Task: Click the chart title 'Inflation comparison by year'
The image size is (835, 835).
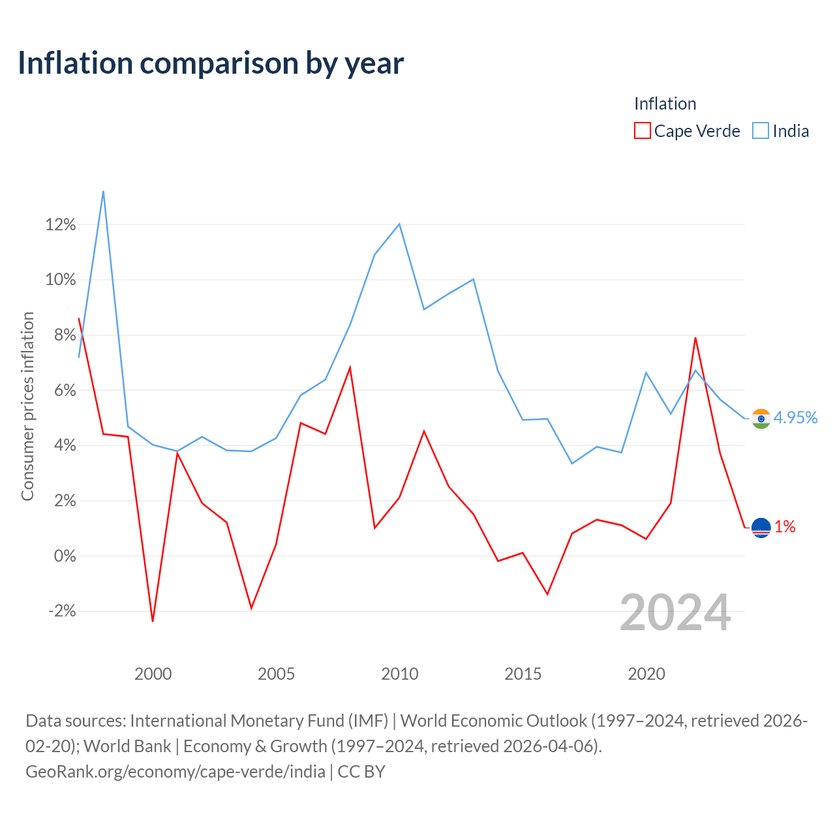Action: (211, 64)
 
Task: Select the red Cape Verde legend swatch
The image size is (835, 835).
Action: (642, 130)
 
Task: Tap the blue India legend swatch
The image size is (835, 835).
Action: (761, 130)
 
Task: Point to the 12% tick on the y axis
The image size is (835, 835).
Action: (61, 224)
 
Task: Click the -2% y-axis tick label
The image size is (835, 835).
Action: (62, 611)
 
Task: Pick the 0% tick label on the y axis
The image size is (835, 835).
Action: (65, 556)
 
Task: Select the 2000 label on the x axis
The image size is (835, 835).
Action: (153, 675)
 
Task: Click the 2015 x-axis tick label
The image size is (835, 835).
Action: (523, 675)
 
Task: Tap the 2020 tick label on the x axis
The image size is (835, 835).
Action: (646, 675)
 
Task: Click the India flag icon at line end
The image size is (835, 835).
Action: (761, 419)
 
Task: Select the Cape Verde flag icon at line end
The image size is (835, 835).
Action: (761, 528)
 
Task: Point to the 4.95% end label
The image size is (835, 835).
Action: (796, 417)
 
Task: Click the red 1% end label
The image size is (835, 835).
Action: (785, 526)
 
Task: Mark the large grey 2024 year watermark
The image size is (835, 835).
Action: (675, 613)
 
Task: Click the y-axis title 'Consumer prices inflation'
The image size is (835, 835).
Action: (27, 406)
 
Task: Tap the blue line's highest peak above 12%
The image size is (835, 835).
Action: (103, 192)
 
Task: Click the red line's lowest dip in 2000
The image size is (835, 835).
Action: (153, 621)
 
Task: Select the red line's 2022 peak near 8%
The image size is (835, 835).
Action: (695, 338)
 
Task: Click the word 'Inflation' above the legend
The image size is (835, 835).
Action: (665, 104)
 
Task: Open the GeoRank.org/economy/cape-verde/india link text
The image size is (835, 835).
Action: (175, 772)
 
